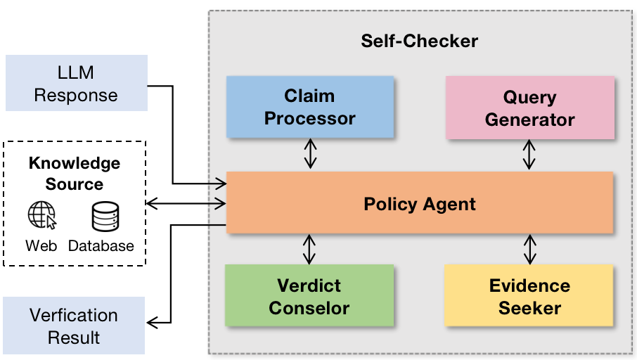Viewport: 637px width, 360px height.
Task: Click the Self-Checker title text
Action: (419, 40)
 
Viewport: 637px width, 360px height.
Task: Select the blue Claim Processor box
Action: (309, 107)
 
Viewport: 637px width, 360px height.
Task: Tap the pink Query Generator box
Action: (529, 108)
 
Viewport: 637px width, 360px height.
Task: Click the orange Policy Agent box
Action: (420, 205)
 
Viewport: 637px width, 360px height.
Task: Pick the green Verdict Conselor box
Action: (309, 296)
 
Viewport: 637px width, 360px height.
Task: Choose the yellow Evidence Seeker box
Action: (529, 296)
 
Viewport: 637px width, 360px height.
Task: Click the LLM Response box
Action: (76, 84)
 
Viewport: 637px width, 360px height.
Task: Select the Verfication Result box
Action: (74, 326)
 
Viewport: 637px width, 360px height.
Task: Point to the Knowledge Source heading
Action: (75, 174)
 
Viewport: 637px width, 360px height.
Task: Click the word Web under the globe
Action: (41, 246)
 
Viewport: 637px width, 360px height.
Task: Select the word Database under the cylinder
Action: (101, 246)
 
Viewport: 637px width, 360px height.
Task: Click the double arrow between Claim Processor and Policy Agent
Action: (309, 154)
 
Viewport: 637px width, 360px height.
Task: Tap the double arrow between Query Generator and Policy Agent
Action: (529, 154)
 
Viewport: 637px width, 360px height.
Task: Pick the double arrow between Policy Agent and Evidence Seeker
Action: (529, 249)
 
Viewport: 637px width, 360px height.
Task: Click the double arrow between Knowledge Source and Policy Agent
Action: (186, 204)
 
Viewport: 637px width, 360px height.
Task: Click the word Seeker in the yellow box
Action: (529, 308)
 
